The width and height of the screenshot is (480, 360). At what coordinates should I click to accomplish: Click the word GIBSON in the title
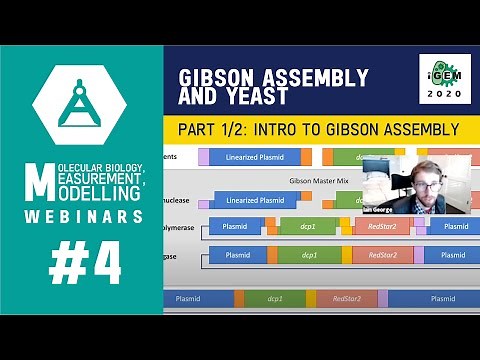[x=221, y=79]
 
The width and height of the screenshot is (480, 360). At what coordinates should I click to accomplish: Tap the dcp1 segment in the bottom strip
[x=274, y=298]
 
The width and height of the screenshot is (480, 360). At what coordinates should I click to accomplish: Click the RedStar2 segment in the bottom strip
[x=346, y=298]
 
